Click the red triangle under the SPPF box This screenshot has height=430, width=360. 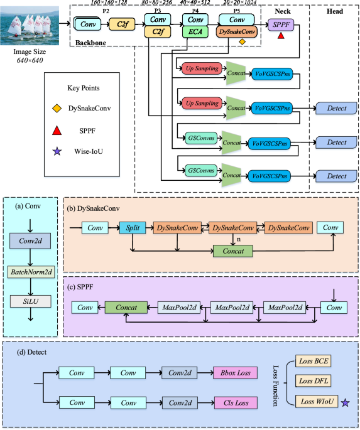point(280,37)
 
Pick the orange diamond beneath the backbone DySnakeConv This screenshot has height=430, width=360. point(242,42)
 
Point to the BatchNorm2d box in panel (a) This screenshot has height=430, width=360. point(31,273)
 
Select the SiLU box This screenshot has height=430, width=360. point(31,301)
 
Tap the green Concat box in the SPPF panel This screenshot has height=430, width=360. point(126,307)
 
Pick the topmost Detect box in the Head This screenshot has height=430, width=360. point(336,109)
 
